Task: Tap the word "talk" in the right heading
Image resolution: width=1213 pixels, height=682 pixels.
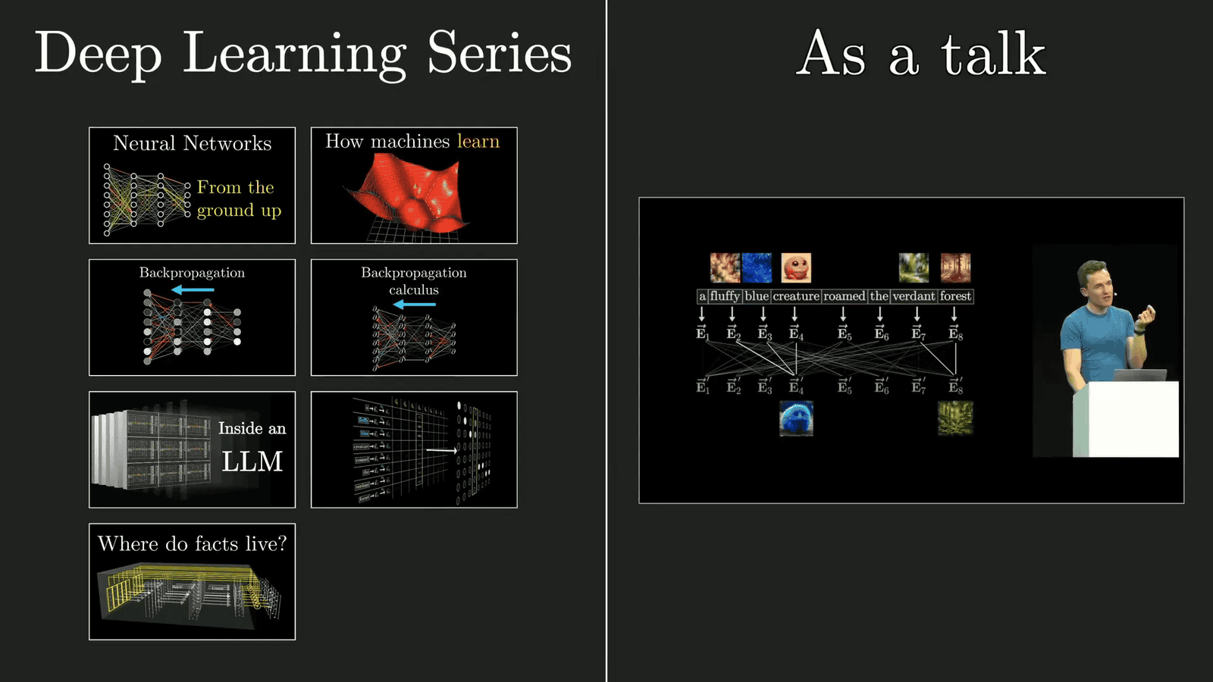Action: coord(993,55)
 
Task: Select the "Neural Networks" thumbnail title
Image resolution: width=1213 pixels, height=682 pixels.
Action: coord(192,143)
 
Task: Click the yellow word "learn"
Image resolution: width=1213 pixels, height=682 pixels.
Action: coord(478,142)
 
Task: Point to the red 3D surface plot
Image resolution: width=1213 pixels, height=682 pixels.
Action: coord(409,193)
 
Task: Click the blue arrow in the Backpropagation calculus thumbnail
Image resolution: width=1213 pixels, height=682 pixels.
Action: coord(414,305)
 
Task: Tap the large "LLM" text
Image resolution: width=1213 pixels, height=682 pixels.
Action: coord(252,461)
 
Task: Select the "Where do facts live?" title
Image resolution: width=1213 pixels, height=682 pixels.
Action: coord(192,544)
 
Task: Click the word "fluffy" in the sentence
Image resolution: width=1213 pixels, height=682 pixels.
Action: coord(725,296)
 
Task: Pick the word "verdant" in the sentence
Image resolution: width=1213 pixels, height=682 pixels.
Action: coord(914,296)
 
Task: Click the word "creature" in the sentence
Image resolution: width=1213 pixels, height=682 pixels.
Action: coord(796,296)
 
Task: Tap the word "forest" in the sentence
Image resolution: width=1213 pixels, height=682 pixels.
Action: coord(955,296)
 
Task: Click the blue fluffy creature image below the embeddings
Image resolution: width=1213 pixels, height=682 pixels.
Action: coord(796,418)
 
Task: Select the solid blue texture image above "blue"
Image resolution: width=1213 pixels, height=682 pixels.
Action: coord(757,267)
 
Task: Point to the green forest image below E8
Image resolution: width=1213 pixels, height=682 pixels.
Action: coord(955,418)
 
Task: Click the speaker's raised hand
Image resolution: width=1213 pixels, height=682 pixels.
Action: coord(1149,316)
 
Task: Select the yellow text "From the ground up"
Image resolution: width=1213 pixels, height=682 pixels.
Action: coord(238,199)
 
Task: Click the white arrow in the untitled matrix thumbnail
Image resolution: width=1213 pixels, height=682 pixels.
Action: coord(441,450)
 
